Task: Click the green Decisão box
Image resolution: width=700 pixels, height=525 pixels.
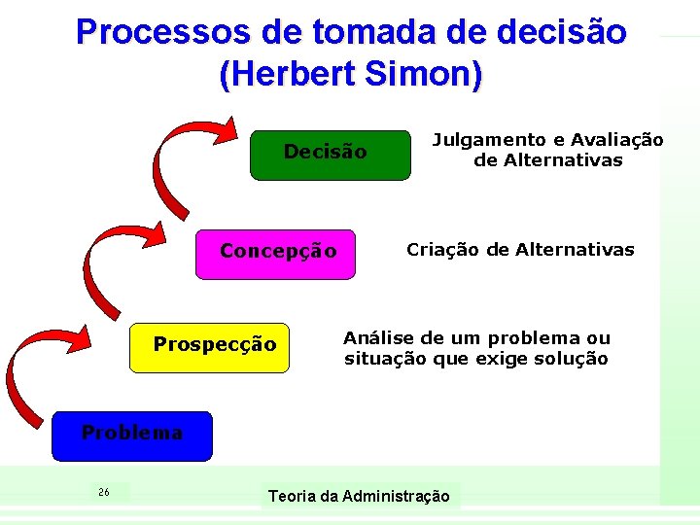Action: click(x=330, y=156)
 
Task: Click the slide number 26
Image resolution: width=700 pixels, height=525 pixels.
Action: click(x=104, y=492)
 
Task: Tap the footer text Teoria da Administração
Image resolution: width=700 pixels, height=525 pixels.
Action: click(x=359, y=497)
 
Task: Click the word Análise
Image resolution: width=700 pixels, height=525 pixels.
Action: click(x=380, y=338)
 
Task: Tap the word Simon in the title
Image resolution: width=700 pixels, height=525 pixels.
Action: click(x=425, y=75)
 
